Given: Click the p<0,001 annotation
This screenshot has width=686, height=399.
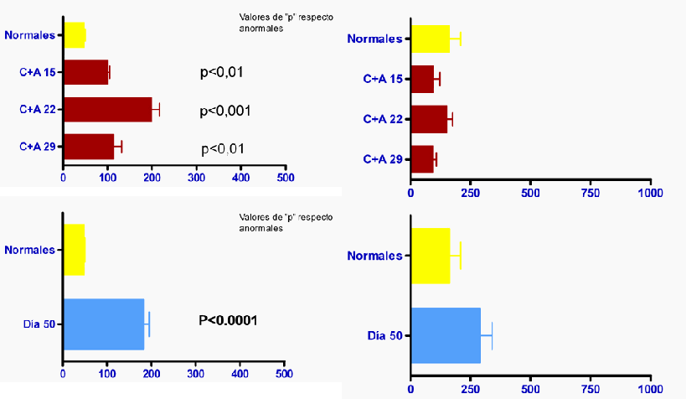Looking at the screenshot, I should pos(225,111).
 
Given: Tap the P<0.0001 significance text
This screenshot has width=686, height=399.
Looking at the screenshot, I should pos(228,320).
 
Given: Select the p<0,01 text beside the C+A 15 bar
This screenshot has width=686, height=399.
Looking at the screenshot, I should pos(222,72).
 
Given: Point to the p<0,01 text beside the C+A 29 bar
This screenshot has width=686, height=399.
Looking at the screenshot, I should pos(224,149).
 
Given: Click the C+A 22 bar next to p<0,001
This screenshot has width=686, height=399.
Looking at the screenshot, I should pos(107,109).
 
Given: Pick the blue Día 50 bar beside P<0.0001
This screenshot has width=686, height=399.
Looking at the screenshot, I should pos(103,324).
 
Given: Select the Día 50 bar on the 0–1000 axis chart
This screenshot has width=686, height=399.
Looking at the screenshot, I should pos(445,335).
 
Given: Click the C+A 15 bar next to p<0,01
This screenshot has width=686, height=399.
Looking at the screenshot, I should pos(85,72).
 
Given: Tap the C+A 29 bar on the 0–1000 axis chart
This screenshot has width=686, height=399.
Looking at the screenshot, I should pos(421,159).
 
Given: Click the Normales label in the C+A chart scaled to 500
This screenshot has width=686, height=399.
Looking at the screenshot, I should pos(29,35).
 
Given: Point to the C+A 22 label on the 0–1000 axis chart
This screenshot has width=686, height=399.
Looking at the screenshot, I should pos(383,119).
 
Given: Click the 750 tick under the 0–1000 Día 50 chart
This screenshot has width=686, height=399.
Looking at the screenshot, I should pos(591,390).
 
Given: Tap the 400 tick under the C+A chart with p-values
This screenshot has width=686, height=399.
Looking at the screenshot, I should pos(241,179).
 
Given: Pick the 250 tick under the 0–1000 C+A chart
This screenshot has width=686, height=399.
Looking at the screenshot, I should pos(471,193).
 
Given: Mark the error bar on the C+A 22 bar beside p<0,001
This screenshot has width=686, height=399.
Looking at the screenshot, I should pos(156,109).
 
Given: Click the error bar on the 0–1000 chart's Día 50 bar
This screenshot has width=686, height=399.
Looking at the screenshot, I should pos(487,335).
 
